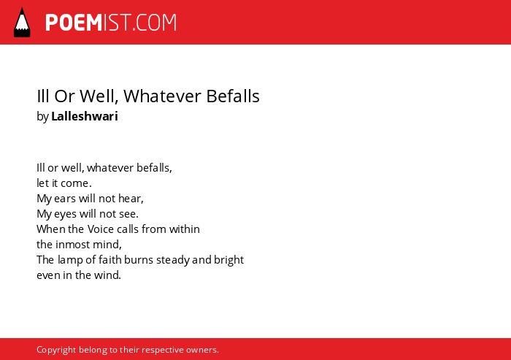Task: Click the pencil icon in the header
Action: coord(22,22)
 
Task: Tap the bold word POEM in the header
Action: coord(74,23)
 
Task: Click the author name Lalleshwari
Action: coord(85,116)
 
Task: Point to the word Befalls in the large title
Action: coord(233,96)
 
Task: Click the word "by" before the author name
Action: coord(42,117)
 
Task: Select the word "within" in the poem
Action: coord(184,229)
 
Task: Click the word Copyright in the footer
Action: coord(56,350)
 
